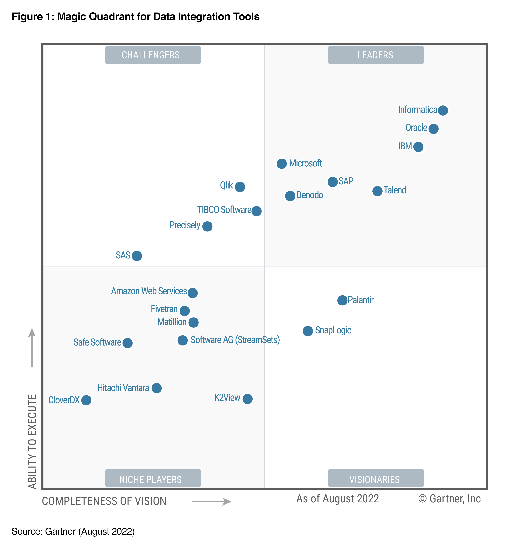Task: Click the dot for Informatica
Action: point(443,110)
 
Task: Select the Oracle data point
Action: point(433,129)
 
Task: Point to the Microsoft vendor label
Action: point(305,163)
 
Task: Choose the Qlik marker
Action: point(240,187)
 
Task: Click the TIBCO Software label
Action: point(224,210)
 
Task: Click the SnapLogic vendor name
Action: point(333,330)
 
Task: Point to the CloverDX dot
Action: point(86,400)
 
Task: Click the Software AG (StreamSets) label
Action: point(235,340)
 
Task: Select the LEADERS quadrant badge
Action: point(376,55)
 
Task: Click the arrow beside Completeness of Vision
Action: point(212,502)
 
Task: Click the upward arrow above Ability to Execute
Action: point(32,347)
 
